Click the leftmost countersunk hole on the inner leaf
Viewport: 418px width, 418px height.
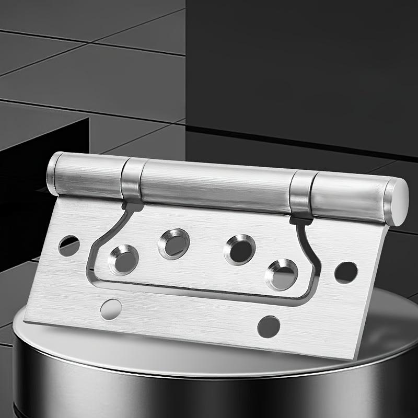tap(124, 258)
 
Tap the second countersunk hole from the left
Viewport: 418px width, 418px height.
tap(174, 243)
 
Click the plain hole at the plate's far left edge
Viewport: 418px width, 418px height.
tap(69, 245)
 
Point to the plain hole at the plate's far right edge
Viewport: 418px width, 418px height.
tap(346, 273)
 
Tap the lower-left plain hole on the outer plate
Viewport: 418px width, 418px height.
tap(110, 309)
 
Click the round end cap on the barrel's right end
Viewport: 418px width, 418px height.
tap(398, 202)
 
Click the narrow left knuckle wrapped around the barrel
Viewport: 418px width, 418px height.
tap(133, 180)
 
